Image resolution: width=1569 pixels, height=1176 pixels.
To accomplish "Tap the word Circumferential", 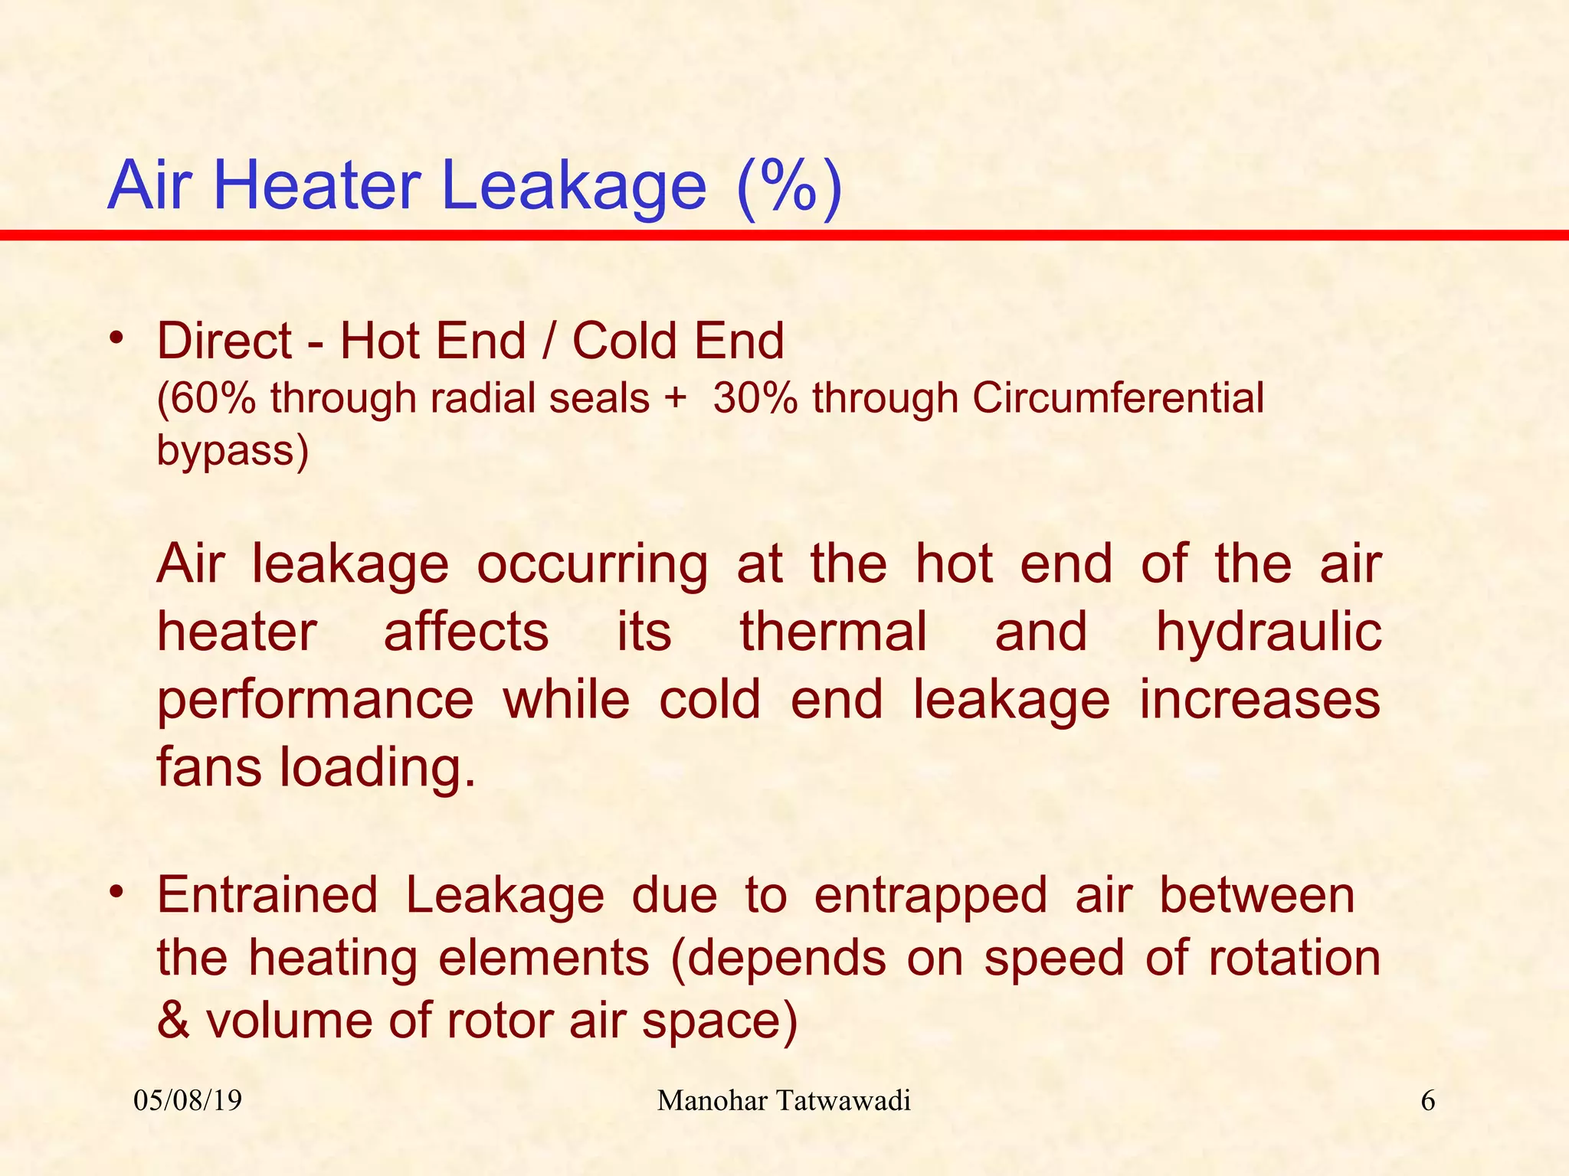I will (1118, 399).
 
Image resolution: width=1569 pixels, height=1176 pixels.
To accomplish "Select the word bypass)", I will (232, 450).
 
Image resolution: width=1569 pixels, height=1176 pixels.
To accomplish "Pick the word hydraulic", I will (1268, 632).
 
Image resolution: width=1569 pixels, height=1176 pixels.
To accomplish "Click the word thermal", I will (834, 632).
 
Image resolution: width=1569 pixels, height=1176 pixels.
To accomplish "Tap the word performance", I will (316, 701).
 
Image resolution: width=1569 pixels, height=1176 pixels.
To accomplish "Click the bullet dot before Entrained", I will (116, 892).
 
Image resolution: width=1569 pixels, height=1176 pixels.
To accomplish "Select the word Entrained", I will (267, 895).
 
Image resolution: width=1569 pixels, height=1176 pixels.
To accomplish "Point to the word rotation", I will (1294, 958).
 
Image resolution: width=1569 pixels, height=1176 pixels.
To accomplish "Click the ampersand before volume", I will (173, 1021).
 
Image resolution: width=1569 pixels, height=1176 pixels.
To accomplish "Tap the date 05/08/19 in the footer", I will (188, 1101).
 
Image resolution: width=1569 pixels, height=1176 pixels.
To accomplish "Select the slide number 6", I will (1428, 1101).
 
